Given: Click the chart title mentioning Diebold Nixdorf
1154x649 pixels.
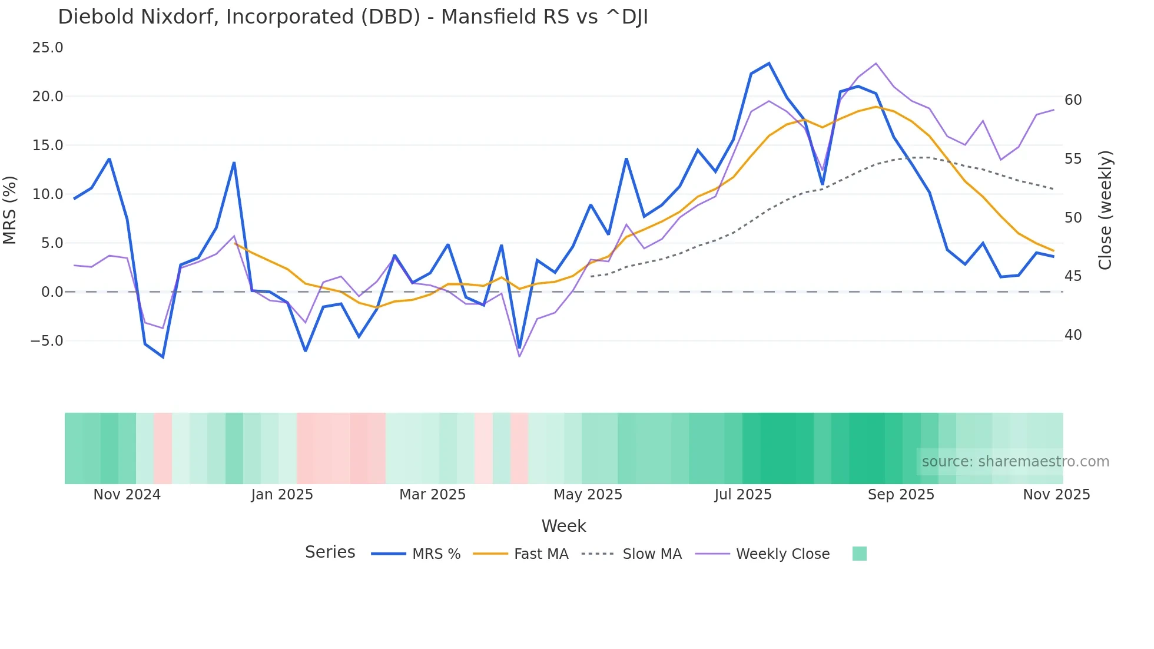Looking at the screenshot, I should click(353, 17).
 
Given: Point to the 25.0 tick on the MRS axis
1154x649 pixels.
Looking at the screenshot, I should click(48, 48).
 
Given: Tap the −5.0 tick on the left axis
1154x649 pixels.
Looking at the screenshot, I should click(47, 341).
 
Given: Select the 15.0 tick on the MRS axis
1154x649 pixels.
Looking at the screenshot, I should click(48, 145).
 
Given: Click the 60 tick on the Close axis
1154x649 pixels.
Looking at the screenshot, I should click(1073, 100).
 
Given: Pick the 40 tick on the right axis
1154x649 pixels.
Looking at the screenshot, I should click(1073, 335).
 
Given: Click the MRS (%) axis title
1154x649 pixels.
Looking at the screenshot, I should click(10, 210).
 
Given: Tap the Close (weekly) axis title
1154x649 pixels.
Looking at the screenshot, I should click(1105, 210).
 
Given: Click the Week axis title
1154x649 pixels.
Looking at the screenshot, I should click(563, 526).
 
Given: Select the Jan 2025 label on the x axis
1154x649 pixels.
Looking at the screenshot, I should click(282, 495).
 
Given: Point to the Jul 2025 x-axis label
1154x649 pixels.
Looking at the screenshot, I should click(743, 495).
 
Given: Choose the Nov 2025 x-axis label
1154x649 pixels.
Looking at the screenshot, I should click(1056, 495).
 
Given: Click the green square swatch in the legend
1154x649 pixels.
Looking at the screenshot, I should click(859, 554).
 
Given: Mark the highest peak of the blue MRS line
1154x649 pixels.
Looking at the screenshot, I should click(769, 64).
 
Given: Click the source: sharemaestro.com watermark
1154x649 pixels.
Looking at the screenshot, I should click(1015, 462).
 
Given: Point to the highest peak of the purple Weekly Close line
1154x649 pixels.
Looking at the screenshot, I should click(876, 64).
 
